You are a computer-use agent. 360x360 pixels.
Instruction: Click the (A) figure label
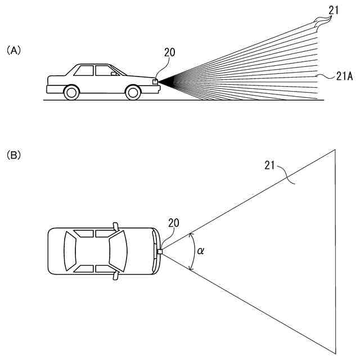(13, 50)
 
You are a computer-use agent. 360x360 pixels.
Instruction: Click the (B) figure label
(13, 154)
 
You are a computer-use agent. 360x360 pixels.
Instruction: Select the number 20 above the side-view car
(169, 53)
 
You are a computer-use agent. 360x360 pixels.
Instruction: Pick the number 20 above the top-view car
(174, 222)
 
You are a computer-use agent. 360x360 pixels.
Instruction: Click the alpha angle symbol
(201, 251)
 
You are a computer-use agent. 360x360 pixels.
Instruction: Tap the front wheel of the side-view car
(133, 92)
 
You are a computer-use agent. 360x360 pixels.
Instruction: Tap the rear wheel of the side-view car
(71, 92)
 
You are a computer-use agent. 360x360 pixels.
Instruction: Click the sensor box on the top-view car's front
(160, 251)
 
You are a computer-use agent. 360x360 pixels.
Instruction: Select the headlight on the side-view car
(155, 82)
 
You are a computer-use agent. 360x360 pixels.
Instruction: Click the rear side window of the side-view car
(84, 71)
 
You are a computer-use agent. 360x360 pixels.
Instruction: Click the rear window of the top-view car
(71, 251)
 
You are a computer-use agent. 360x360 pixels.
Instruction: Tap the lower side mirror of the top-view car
(116, 276)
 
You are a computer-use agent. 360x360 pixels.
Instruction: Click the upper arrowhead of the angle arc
(192, 235)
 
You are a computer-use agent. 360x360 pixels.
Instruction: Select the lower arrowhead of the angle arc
(192, 268)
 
